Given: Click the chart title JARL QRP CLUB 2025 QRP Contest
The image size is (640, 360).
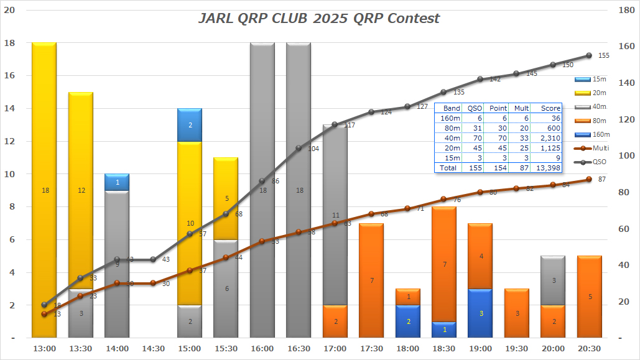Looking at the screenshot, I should click(318, 18).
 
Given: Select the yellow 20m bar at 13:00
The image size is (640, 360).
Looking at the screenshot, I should click(44, 187).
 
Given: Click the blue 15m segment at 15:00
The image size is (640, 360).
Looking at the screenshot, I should click(190, 125).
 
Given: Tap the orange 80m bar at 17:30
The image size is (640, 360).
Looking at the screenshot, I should click(371, 280).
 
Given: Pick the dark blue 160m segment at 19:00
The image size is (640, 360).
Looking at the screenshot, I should click(480, 313).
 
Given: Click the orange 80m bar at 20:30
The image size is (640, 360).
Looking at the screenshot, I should click(590, 297).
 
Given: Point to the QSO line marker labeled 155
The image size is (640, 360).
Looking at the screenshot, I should click(589, 55).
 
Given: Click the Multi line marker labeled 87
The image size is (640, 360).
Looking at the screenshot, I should click(589, 180).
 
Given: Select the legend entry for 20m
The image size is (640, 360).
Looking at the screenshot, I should click(590, 93).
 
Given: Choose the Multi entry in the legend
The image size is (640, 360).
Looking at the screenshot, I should click(590, 148).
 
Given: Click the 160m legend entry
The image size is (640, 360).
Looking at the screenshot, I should click(590, 134).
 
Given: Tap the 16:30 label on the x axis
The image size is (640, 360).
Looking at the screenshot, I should click(299, 349).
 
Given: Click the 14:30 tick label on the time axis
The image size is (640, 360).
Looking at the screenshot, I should click(153, 349).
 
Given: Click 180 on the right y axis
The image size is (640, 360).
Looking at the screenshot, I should click(625, 9).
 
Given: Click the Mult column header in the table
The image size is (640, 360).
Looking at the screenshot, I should click(521, 108).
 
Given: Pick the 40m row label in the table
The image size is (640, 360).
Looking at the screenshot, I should click(452, 138).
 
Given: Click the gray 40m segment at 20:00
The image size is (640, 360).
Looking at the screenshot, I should click(553, 280).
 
